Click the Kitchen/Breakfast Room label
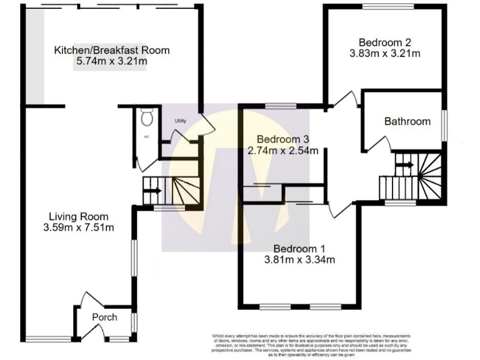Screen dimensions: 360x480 (111, 50)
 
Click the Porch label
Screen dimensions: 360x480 (104, 317)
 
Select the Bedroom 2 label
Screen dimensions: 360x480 (384, 42)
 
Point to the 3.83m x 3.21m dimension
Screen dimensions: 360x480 (384, 54)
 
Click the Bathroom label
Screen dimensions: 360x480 (407, 121)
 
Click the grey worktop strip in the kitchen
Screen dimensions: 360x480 (34, 56)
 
